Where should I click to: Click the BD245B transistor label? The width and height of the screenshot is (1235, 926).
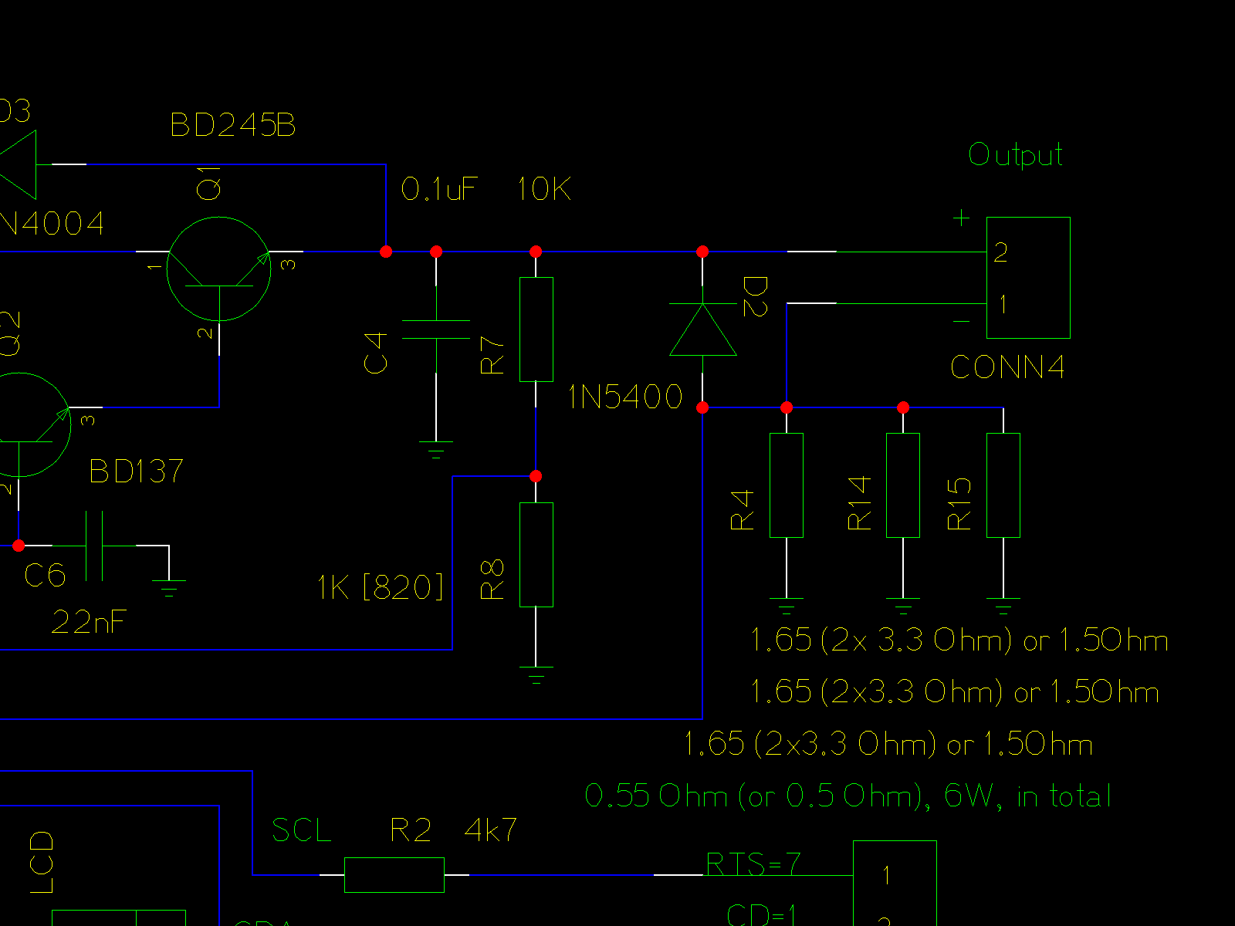(233, 125)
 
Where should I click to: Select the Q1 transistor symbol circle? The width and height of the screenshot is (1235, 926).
(219, 269)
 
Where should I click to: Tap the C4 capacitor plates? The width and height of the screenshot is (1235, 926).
(436, 330)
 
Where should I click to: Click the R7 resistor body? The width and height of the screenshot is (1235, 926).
(536, 330)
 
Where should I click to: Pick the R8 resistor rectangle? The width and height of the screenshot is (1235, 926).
(536, 555)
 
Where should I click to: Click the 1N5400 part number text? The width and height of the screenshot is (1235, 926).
(625, 397)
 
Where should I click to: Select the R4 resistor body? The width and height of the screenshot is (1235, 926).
(787, 485)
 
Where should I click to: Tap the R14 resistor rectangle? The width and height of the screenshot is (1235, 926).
(903, 485)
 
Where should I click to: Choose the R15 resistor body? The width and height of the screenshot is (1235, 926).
(1003, 485)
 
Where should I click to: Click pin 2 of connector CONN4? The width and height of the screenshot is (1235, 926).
(1001, 252)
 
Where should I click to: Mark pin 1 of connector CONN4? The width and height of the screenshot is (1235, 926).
(1003, 304)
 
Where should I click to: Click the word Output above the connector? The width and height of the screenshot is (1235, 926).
(1016, 155)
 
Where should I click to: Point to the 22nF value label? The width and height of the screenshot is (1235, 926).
(89, 622)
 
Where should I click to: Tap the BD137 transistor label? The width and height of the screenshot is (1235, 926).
(137, 471)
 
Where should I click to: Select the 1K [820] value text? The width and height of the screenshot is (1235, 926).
(381, 587)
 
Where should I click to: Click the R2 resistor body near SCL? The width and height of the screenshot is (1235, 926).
(394, 875)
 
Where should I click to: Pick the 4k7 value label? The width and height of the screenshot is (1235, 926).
(491, 830)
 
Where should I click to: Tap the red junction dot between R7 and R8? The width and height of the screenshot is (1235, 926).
(536, 476)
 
